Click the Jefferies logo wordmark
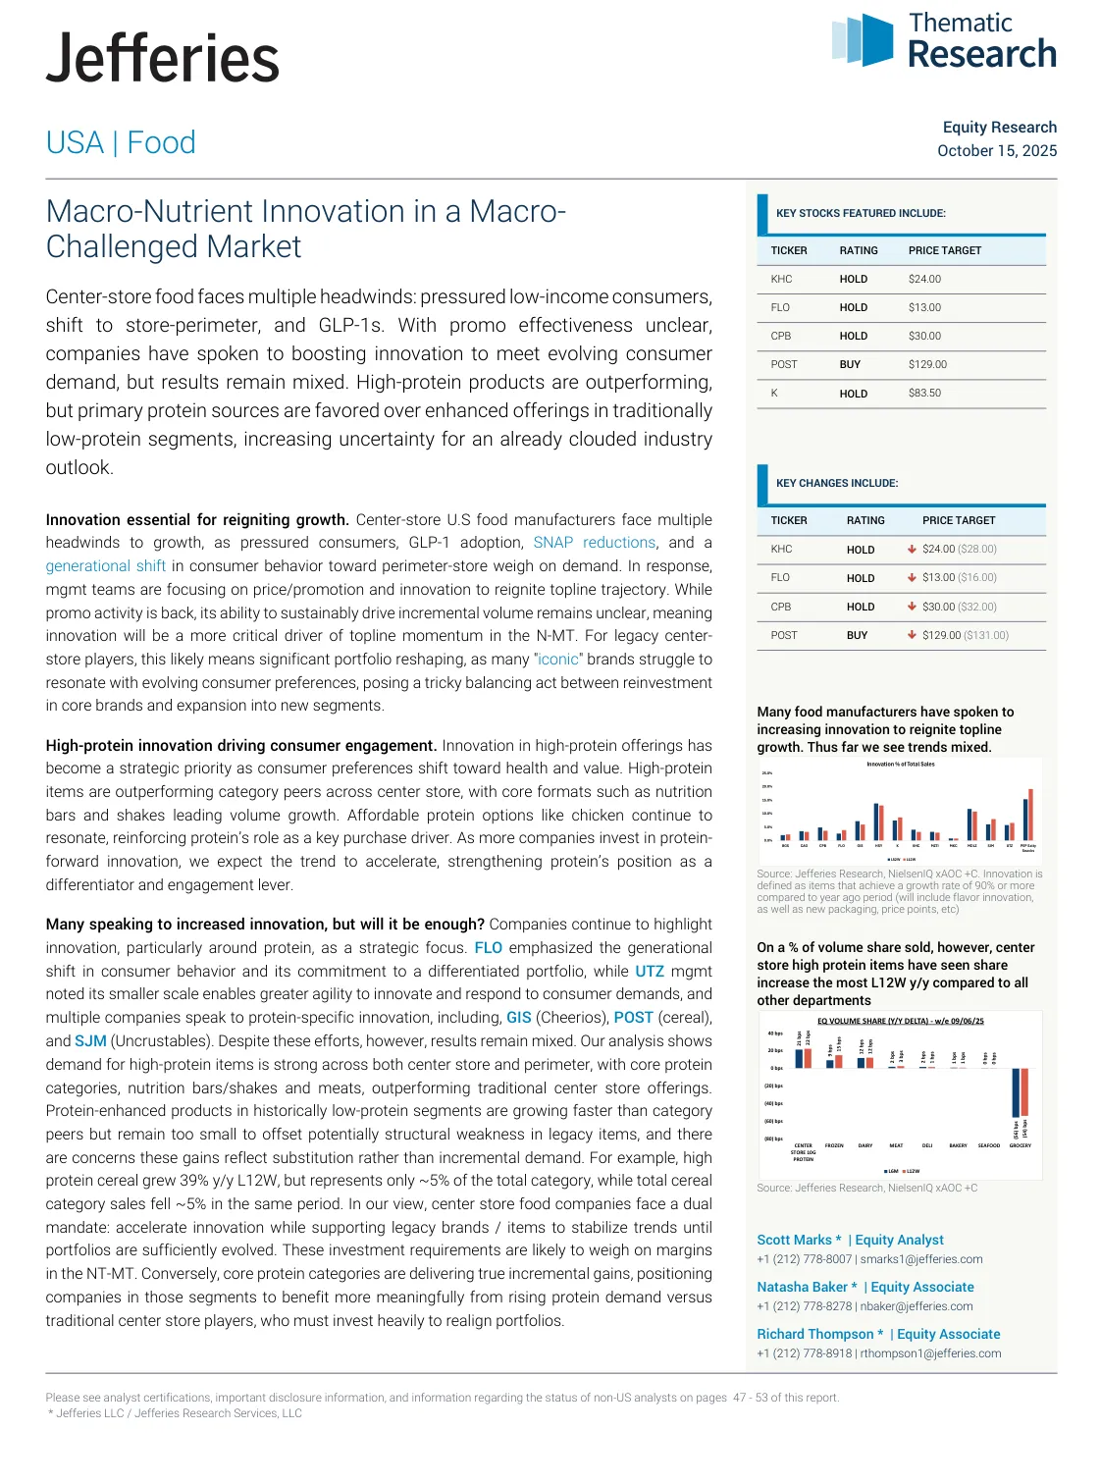coord(163,59)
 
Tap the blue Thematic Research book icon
coord(863,39)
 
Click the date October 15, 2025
coord(996,151)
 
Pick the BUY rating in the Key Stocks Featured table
coord(850,364)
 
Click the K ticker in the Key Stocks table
coord(774,393)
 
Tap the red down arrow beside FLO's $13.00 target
coord(912,577)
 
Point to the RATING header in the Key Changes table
coord(865,520)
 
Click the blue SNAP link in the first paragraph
coord(552,543)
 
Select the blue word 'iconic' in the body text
coord(558,660)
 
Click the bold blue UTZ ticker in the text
coord(650,972)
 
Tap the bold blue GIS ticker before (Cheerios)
coord(518,1018)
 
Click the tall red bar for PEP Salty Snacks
coord(1030,815)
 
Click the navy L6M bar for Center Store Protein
coord(799,1058)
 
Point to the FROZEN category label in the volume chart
coord(834,1145)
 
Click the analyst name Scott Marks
coord(794,1241)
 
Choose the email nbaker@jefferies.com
coord(917,1306)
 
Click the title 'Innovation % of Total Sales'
coord(900,764)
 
